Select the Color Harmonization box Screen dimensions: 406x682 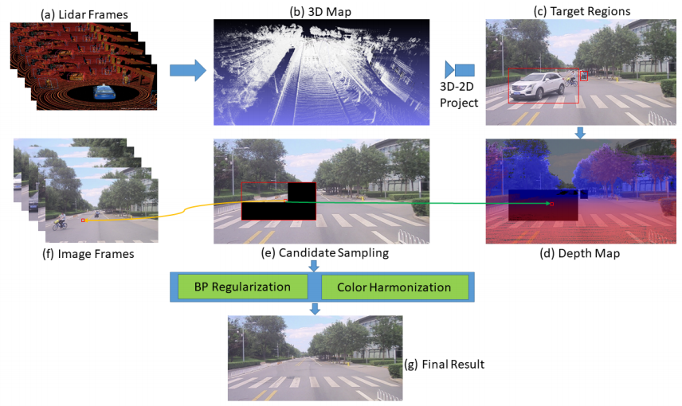(x=394, y=287)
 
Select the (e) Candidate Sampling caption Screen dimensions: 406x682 (x=324, y=253)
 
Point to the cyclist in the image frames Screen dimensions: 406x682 (x=61, y=221)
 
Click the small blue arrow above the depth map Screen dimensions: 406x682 (x=581, y=131)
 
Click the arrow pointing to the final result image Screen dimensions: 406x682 (x=316, y=309)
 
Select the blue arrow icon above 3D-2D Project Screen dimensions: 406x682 (x=459, y=69)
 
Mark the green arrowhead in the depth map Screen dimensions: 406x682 (x=550, y=205)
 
